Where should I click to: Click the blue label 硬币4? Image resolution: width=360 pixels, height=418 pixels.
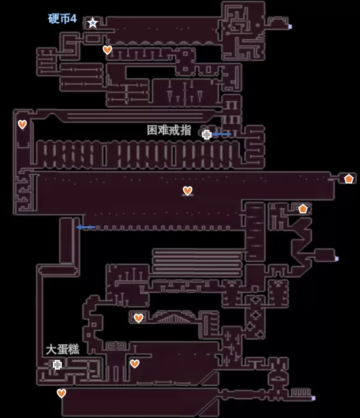click(x=62, y=18)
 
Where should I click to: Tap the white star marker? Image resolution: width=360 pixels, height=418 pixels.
click(x=92, y=23)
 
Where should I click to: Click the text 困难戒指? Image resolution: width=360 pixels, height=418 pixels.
click(x=169, y=130)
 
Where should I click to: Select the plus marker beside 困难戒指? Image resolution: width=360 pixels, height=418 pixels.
click(x=206, y=134)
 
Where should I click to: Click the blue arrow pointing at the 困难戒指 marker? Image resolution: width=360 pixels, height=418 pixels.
click(x=222, y=134)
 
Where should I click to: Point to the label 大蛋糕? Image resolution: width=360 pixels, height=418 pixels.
click(x=62, y=349)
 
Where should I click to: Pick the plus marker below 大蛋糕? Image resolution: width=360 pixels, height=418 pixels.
click(x=57, y=364)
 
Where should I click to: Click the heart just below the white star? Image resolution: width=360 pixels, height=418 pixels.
click(x=107, y=50)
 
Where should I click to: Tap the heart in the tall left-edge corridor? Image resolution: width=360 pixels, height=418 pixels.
click(x=22, y=124)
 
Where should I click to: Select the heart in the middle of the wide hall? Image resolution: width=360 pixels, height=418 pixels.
click(x=187, y=191)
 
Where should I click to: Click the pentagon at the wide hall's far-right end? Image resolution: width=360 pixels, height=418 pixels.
click(x=349, y=178)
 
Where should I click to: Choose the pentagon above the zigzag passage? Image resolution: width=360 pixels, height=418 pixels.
click(x=303, y=209)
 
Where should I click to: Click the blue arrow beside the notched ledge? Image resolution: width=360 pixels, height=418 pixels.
click(x=85, y=227)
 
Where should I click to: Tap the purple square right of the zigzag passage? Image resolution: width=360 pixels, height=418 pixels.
click(x=337, y=259)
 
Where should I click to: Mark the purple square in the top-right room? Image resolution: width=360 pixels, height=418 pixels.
click(x=290, y=27)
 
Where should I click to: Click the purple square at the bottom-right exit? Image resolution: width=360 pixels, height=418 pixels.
click(x=313, y=398)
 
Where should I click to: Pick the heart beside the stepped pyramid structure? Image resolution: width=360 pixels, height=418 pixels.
click(x=138, y=318)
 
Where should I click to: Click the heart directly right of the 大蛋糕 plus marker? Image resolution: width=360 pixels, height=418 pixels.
click(x=134, y=364)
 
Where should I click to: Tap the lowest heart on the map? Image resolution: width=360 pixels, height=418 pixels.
click(x=61, y=393)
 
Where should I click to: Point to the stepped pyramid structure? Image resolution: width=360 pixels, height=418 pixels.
click(x=173, y=318)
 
